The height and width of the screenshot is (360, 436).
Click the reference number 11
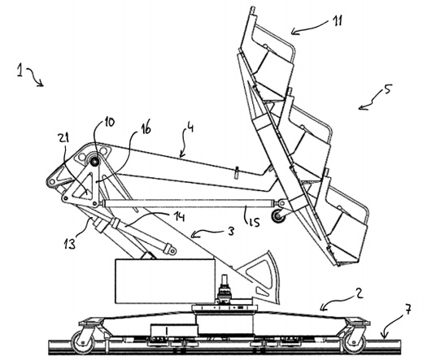337,20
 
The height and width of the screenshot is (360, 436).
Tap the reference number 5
386,89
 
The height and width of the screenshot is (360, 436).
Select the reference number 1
20,70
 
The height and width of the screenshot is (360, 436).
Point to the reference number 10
109,123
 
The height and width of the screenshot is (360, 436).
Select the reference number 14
179,217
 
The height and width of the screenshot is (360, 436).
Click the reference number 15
254,221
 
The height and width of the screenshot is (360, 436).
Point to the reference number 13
69,244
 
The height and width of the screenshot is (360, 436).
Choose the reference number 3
230,232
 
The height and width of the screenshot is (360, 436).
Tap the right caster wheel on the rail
355,343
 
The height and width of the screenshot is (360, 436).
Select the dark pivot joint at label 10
94,161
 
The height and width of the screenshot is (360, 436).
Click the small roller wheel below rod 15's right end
279,216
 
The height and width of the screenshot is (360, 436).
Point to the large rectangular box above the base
164,281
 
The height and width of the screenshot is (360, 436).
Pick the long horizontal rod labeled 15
189,203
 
